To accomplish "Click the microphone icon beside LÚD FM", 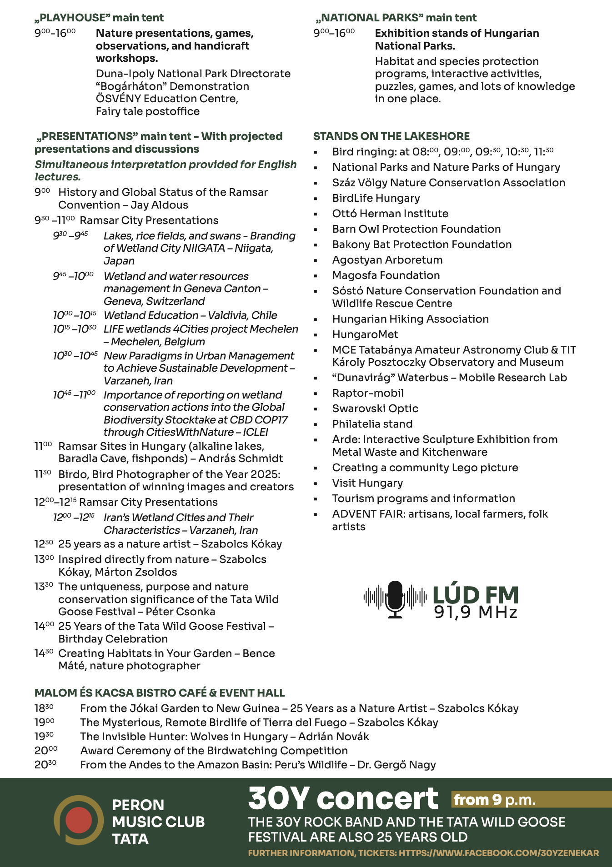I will tap(395, 599).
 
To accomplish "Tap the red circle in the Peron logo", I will tap(78, 821).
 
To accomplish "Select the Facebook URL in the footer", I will tap(499, 853).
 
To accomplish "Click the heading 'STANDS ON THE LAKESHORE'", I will tap(391, 136).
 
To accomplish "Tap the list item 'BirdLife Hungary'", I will tap(376, 198).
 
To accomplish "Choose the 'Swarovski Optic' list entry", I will tap(375, 409).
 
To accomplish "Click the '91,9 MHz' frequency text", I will tap(476, 613).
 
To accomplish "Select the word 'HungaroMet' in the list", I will tap(365, 334).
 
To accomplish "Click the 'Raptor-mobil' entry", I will tap(368, 393).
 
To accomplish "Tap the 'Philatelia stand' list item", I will tap(372, 424).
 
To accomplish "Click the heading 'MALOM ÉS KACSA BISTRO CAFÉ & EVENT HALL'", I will tap(160, 693).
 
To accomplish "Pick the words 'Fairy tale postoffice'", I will tap(148, 111).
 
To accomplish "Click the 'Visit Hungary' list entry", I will tap(367, 483).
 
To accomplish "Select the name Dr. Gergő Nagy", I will tap(396, 765).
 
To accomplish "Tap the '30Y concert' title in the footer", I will tap(343, 799).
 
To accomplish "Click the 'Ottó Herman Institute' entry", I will tap(390, 214).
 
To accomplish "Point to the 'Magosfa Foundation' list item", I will tap(386, 275).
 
